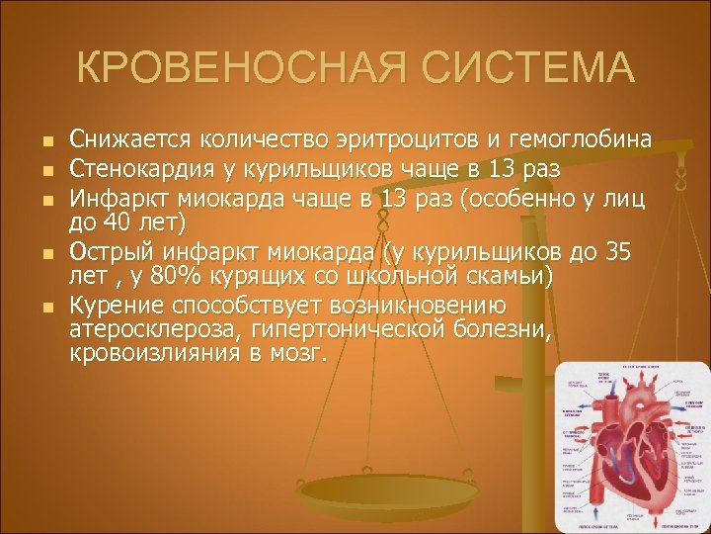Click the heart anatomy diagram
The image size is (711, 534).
[x=626, y=445]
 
